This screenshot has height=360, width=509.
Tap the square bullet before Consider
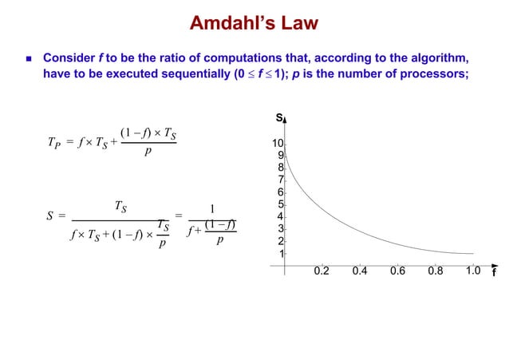(x=28, y=59)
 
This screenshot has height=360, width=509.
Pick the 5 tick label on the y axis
(x=280, y=204)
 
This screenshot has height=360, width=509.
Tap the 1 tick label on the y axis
(x=281, y=254)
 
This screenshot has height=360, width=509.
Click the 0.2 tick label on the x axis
(x=322, y=271)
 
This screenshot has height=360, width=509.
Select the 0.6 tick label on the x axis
(x=397, y=271)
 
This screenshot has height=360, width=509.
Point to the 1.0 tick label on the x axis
(x=472, y=271)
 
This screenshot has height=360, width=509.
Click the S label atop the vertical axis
(x=279, y=118)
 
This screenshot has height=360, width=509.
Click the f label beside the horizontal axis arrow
(x=495, y=272)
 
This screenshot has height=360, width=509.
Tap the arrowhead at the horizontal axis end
(x=494, y=260)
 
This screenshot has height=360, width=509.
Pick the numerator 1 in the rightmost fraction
(x=211, y=210)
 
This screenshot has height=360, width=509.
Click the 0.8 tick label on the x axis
(x=435, y=271)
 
